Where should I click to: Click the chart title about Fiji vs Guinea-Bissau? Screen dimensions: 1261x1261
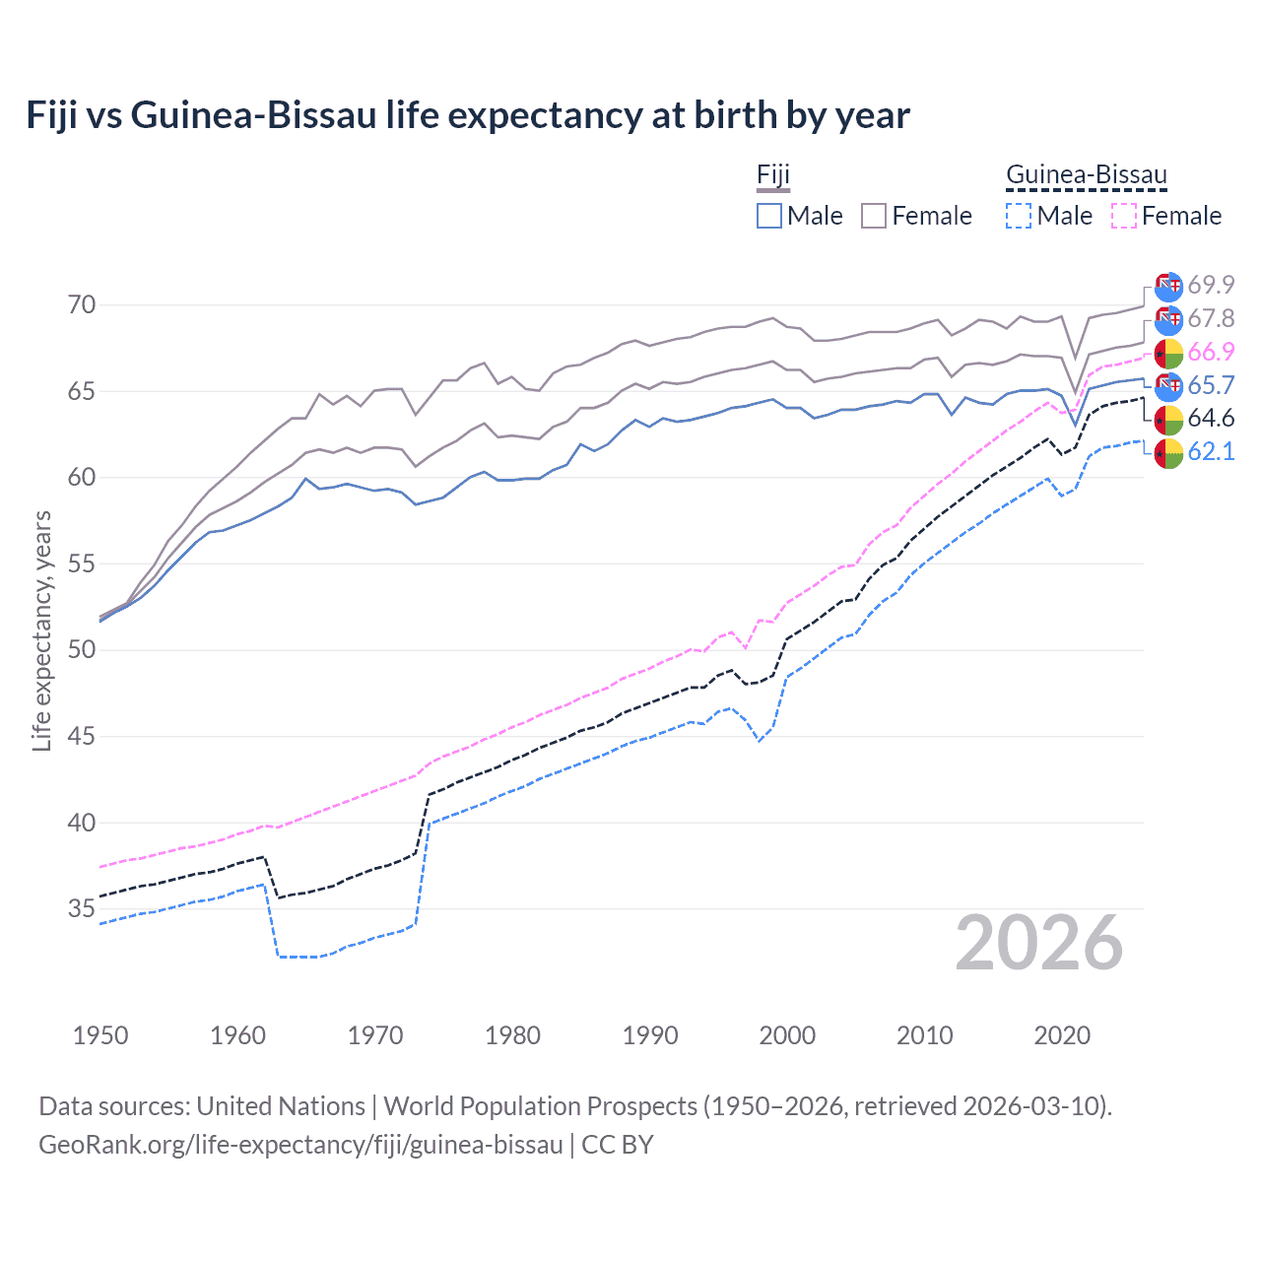point(468,115)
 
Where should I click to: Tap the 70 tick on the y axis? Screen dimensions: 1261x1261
point(82,305)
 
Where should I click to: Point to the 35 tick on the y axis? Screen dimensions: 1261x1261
point(82,908)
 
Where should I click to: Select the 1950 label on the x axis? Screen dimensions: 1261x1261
point(100,1035)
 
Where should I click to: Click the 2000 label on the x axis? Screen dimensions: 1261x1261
point(787,1035)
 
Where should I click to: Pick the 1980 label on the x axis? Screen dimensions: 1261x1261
point(512,1035)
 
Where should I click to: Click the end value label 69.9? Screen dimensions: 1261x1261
point(1211,285)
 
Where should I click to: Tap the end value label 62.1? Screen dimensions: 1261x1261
point(1211,452)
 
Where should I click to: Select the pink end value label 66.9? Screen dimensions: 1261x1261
point(1211,352)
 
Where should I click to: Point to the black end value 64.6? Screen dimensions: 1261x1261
point(1211,419)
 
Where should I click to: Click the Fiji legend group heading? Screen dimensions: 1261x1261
point(773,175)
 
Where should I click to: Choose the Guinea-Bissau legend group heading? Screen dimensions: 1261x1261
point(1086,175)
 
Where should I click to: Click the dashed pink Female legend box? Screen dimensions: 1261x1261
point(1124,216)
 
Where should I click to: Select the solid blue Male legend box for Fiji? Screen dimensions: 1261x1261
point(769,216)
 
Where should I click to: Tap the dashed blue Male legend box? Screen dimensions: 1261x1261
point(1019,216)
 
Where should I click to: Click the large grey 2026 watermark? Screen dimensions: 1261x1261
point(1039,943)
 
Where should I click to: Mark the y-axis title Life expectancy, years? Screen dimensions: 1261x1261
point(42,630)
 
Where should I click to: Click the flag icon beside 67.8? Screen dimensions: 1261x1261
point(1168,319)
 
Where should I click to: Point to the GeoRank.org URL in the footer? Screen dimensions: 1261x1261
point(300,1145)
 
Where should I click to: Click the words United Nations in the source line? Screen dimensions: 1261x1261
point(281,1106)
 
